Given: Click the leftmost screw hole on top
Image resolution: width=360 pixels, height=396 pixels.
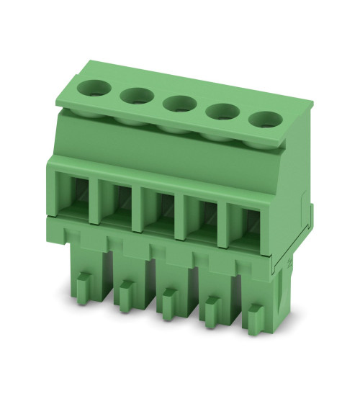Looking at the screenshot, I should click(93, 89).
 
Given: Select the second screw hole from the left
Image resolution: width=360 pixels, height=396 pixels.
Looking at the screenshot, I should click(134, 96).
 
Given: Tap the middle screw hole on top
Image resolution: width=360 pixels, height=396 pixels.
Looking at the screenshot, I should click(176, 104).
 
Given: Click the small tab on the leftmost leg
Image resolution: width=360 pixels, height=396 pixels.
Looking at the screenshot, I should click(81, 284).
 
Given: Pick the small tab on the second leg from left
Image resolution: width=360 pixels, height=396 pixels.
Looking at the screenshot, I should click(124, 292).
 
